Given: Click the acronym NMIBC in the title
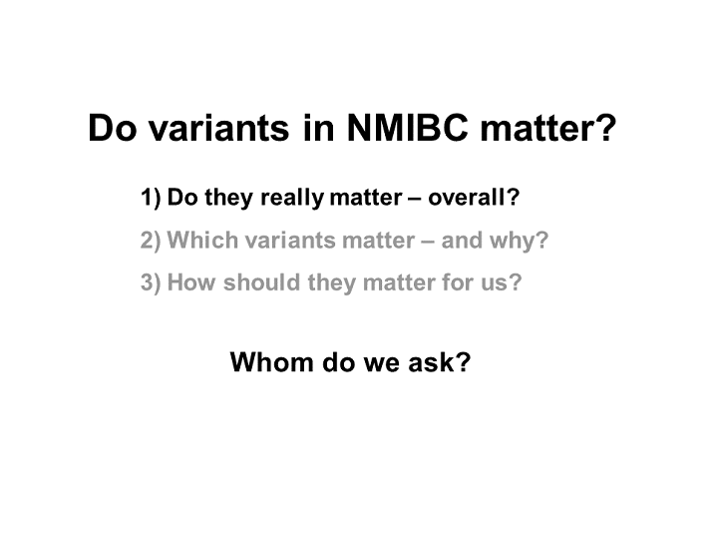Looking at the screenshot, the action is click(407, 127).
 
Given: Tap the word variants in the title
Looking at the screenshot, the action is click(219, 127).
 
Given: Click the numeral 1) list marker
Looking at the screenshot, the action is click(151, 198).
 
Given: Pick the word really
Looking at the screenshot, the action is click(292, 199).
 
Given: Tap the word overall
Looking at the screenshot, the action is click(468, 198).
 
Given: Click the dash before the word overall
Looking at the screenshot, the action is click(415, 199).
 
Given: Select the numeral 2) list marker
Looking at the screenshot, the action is click(151, 241).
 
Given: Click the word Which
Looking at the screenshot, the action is click(202, 240).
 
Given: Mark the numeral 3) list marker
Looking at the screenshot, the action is click(151, 282).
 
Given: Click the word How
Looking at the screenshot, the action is click(191, 281).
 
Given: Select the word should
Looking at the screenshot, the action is click(262, 281).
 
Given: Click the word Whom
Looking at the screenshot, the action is click(272, 362).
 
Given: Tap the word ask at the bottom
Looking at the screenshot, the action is click(431, 362).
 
